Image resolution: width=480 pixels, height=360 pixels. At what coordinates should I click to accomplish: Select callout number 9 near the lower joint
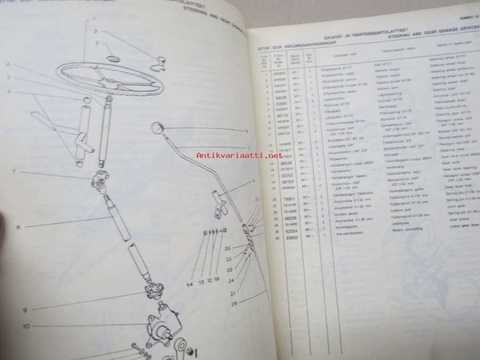pyautogui.click(x=25, y=309)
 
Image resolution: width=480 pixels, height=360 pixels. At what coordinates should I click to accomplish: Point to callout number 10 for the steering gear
pyautogui.click(x=25, y=325)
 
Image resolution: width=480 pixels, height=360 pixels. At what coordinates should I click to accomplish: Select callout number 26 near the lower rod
pyautogui.click(x=234, y=305)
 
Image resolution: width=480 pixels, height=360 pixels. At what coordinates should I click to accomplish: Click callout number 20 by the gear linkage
pyautogui.click(x=228, y=247)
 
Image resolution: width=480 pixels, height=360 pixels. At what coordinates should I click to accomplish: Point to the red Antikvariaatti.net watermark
pyautogui.click(x=239, y=155)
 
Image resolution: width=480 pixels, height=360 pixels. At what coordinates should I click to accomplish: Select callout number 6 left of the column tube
pyautogui.click(x=9, y=92)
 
